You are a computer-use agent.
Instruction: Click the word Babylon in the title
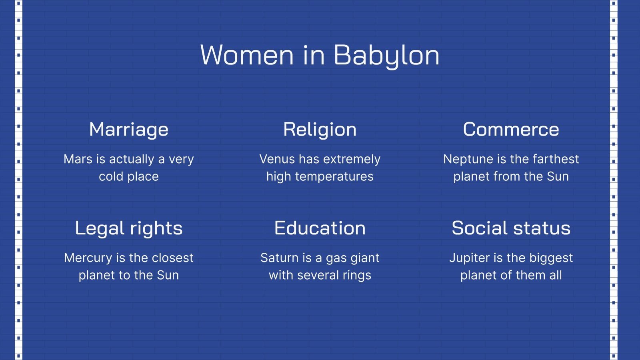pyautogui.click(x=386, y=55)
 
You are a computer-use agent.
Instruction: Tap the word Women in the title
pyautogui.click(x=247, y=55)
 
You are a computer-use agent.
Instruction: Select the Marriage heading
pyautogui.click(x=129, y=130)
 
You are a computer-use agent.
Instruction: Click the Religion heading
pyautogui.click(x=320, y=130)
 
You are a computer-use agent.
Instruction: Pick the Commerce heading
pyautogui.click(x=511, y=130)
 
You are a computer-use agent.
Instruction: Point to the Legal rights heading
pyautogui.click(x=129, y=228)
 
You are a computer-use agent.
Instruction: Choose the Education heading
pyautogui.click(x=320, y=228)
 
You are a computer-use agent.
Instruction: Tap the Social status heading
pyautogui.click(x=511, y=228)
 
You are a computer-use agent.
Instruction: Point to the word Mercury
pyautogui.click(x=88, y=258)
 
